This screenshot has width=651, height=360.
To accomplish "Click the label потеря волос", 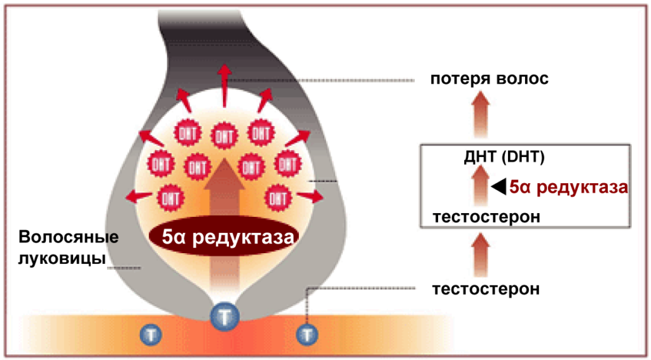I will (x=488, y=80).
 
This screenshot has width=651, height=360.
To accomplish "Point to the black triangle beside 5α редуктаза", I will (x=499, y=186).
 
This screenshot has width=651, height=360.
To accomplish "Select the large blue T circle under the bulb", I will (x=224, y=315).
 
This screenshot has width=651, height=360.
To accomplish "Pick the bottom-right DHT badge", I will (x=278, y=197).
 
